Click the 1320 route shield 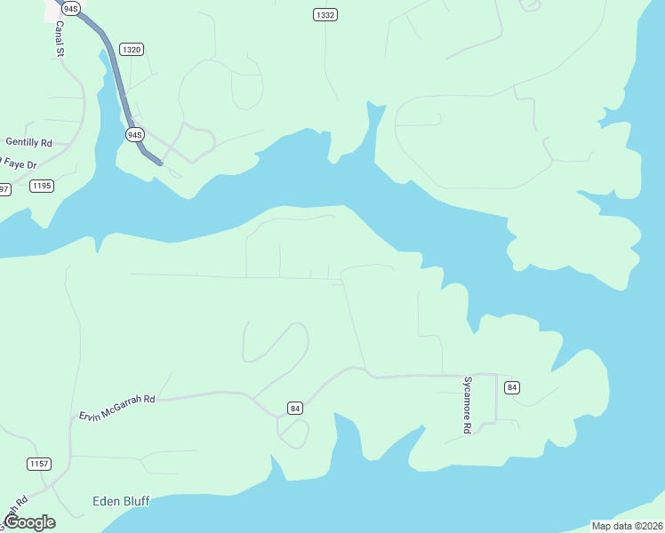point(132,50)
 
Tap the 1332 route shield point(325,15)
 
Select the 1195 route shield point(42,186)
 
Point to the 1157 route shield point(38,464)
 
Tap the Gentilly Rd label point(29,142)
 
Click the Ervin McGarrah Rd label point(116,408)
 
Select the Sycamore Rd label point(466,404)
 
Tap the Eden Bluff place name point(121,501)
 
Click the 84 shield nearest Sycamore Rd point(511,387)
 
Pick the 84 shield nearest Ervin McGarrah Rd point(295,408)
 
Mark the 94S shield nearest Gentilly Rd point(134,134)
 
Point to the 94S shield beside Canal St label point(71,8)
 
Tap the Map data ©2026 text point(626,525)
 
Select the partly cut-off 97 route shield point(4,189)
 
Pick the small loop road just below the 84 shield point(293,433)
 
